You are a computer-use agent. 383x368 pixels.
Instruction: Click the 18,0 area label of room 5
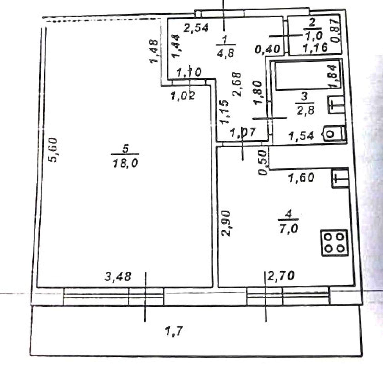coord(125,162)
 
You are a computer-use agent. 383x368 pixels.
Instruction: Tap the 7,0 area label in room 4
coord(289,229)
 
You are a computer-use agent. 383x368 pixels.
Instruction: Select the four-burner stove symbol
coord(334,243)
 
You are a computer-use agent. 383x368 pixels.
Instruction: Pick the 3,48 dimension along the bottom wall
coord(118,277)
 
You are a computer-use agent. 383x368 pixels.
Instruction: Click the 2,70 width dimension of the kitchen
coord(281,276)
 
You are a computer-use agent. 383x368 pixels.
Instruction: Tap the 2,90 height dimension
coord(226,223)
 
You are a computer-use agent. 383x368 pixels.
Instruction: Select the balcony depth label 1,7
coord(174,331)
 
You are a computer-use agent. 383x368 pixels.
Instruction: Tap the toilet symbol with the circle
coord(334,134)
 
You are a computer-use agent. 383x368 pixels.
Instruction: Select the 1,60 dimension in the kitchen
coord(301,177)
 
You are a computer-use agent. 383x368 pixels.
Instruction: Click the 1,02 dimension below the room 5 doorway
coord(183,96)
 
